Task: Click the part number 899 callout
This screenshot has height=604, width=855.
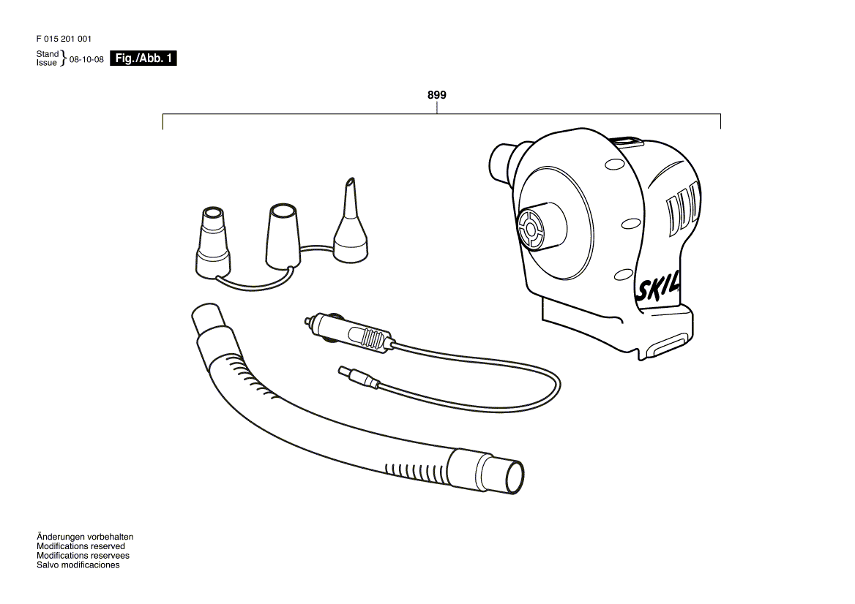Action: click(x=437, y=95)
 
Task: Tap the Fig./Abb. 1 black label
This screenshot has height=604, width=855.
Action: click(x=143, y=58)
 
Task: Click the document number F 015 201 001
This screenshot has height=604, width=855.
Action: click(x=64, y=39)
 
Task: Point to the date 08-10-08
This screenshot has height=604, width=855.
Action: click(x=86, y=59)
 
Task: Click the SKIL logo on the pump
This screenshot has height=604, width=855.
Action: click(x=658, y=287)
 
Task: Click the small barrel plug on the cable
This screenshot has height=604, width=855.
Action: click(x=358, y=377)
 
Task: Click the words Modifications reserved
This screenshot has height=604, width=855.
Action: click(x=81, y=546)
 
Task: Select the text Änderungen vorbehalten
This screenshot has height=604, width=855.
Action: click(x=85, y=537)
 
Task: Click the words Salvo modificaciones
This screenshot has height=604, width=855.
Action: click(x=78, y=565)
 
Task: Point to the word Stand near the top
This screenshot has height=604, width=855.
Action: click(x=48, y=54)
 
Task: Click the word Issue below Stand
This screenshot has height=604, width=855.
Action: click(x=46, y=63)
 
